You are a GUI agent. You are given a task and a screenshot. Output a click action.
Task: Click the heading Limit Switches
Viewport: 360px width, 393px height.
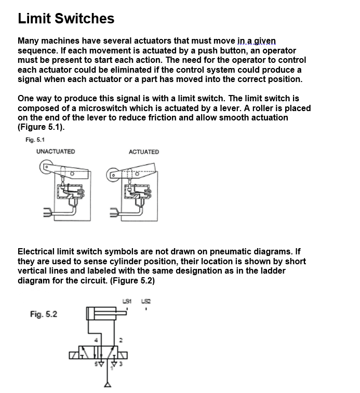click(66, 19)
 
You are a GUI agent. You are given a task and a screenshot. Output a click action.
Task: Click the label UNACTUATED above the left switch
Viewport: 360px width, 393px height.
click(56, 152)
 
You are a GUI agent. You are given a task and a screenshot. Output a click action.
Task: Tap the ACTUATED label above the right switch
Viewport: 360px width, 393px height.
click(143, 152)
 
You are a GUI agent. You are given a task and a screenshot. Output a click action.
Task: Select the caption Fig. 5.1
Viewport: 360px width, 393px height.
click(35, 140)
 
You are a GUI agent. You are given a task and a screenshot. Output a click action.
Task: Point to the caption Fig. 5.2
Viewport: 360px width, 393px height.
click(44, 314)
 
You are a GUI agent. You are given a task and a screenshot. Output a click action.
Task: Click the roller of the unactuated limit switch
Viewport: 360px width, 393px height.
click(45, 168)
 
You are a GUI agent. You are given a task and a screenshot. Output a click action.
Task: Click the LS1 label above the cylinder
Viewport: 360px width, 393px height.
click(127, 301)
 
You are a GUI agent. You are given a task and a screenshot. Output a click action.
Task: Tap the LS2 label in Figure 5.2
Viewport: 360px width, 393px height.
click(146, 301)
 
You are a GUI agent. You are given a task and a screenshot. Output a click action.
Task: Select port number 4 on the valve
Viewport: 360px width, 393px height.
click(96, 340)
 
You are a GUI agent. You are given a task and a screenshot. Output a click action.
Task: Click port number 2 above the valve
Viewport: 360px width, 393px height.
click(121, 340)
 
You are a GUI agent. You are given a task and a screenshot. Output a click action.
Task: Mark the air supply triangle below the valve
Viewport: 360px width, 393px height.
click(108, 385)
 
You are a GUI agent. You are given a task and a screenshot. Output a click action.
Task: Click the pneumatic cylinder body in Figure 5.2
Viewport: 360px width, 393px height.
click(101, 314)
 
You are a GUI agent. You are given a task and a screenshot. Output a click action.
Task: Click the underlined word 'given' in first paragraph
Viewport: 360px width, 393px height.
click(264, 40)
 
